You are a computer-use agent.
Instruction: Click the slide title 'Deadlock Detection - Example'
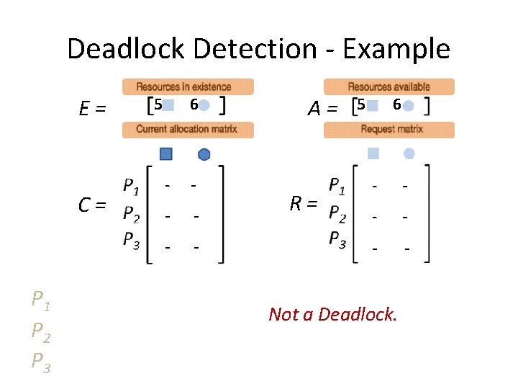click(x=258, y=49)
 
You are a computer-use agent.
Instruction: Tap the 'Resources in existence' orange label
click(x=188, y=86)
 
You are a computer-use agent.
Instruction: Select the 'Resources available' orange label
click(x=389, y=86)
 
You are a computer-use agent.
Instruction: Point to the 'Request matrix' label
click(x=389, y=130)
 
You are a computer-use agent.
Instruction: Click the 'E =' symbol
click(x=93, y=109)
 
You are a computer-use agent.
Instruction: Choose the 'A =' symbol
click(x=322, y=109)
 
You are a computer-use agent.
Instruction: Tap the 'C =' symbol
click(x=93, y=205)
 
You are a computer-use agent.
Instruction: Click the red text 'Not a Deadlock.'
click(x=332, y=314)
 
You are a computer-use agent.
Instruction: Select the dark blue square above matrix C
click(x=166, y=153)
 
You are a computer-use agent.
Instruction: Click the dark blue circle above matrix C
click(x=204, y=153)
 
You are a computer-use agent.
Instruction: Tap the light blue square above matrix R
click(x=373, y=153)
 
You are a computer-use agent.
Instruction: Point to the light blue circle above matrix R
click(x=409, y=153)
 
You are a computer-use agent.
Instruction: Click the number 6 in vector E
click(x=193, y=104)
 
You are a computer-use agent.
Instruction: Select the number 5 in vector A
click(x=361, y=104)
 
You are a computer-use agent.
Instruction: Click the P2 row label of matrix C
click(x=131, y=214)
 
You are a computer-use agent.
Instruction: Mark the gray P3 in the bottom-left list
click(x=40, y=362)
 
